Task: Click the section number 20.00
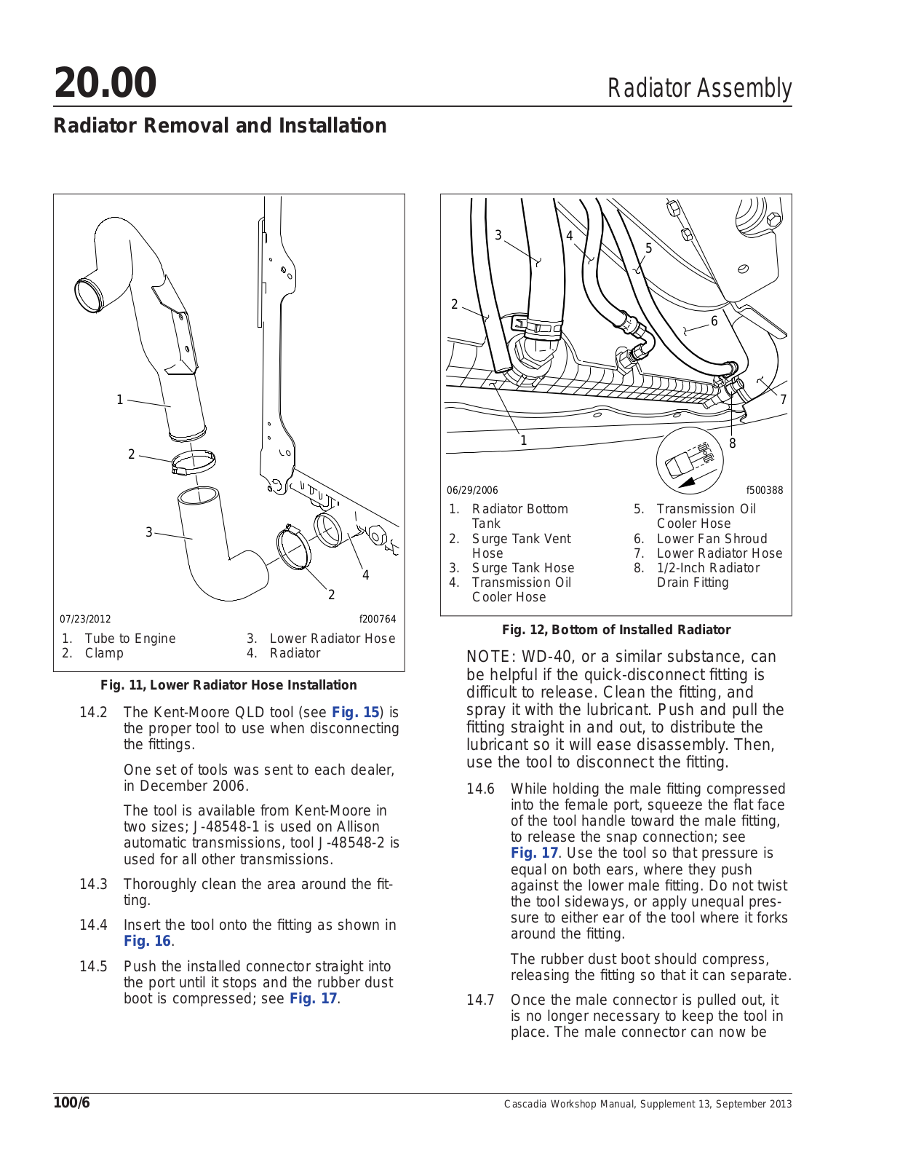105,82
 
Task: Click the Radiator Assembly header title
698,88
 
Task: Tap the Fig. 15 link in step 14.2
355,712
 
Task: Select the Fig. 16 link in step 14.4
147,941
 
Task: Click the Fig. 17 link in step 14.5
314,998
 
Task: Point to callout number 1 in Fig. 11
120,400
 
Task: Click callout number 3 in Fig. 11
149,532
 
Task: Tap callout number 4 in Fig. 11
365,575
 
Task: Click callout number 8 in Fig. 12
732,443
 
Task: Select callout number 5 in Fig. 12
649,248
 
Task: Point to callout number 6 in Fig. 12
714,321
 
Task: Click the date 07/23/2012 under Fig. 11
85,620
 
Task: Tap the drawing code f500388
764,490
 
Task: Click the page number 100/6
71,1102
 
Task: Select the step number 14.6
480,789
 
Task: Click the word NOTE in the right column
487,657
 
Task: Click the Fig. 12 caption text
616,630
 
